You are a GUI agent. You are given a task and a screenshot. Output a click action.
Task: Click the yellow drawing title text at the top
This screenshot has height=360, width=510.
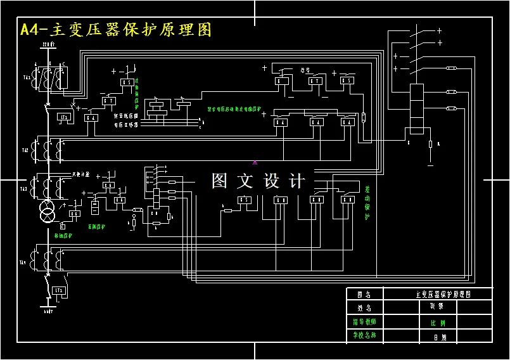[x=116, y=30]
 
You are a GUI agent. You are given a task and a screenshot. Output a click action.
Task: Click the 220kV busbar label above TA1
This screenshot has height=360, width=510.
[x=48, y=44]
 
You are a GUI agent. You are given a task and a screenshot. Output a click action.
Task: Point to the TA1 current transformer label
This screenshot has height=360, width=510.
[x=27, y=77]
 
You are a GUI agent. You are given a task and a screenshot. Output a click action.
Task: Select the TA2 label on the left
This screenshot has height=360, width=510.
[x=25, y=151]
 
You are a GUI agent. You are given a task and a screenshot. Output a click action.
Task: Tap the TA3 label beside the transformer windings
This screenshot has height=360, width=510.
[x=24, y=189]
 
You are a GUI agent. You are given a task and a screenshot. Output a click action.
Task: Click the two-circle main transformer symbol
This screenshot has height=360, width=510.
[x=48, y=212]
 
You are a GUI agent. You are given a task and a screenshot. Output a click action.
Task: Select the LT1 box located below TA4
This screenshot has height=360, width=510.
[x=59, y=290]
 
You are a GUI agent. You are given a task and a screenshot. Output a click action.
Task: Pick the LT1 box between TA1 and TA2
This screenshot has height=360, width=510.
[x=63, y=117]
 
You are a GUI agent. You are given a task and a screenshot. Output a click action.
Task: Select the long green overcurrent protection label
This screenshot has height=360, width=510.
[x=238, y=108]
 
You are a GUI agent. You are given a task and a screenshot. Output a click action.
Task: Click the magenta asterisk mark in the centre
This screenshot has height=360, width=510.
[x=255, y=163]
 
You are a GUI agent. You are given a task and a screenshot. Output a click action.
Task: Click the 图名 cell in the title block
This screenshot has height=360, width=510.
[x=363, y=294]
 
